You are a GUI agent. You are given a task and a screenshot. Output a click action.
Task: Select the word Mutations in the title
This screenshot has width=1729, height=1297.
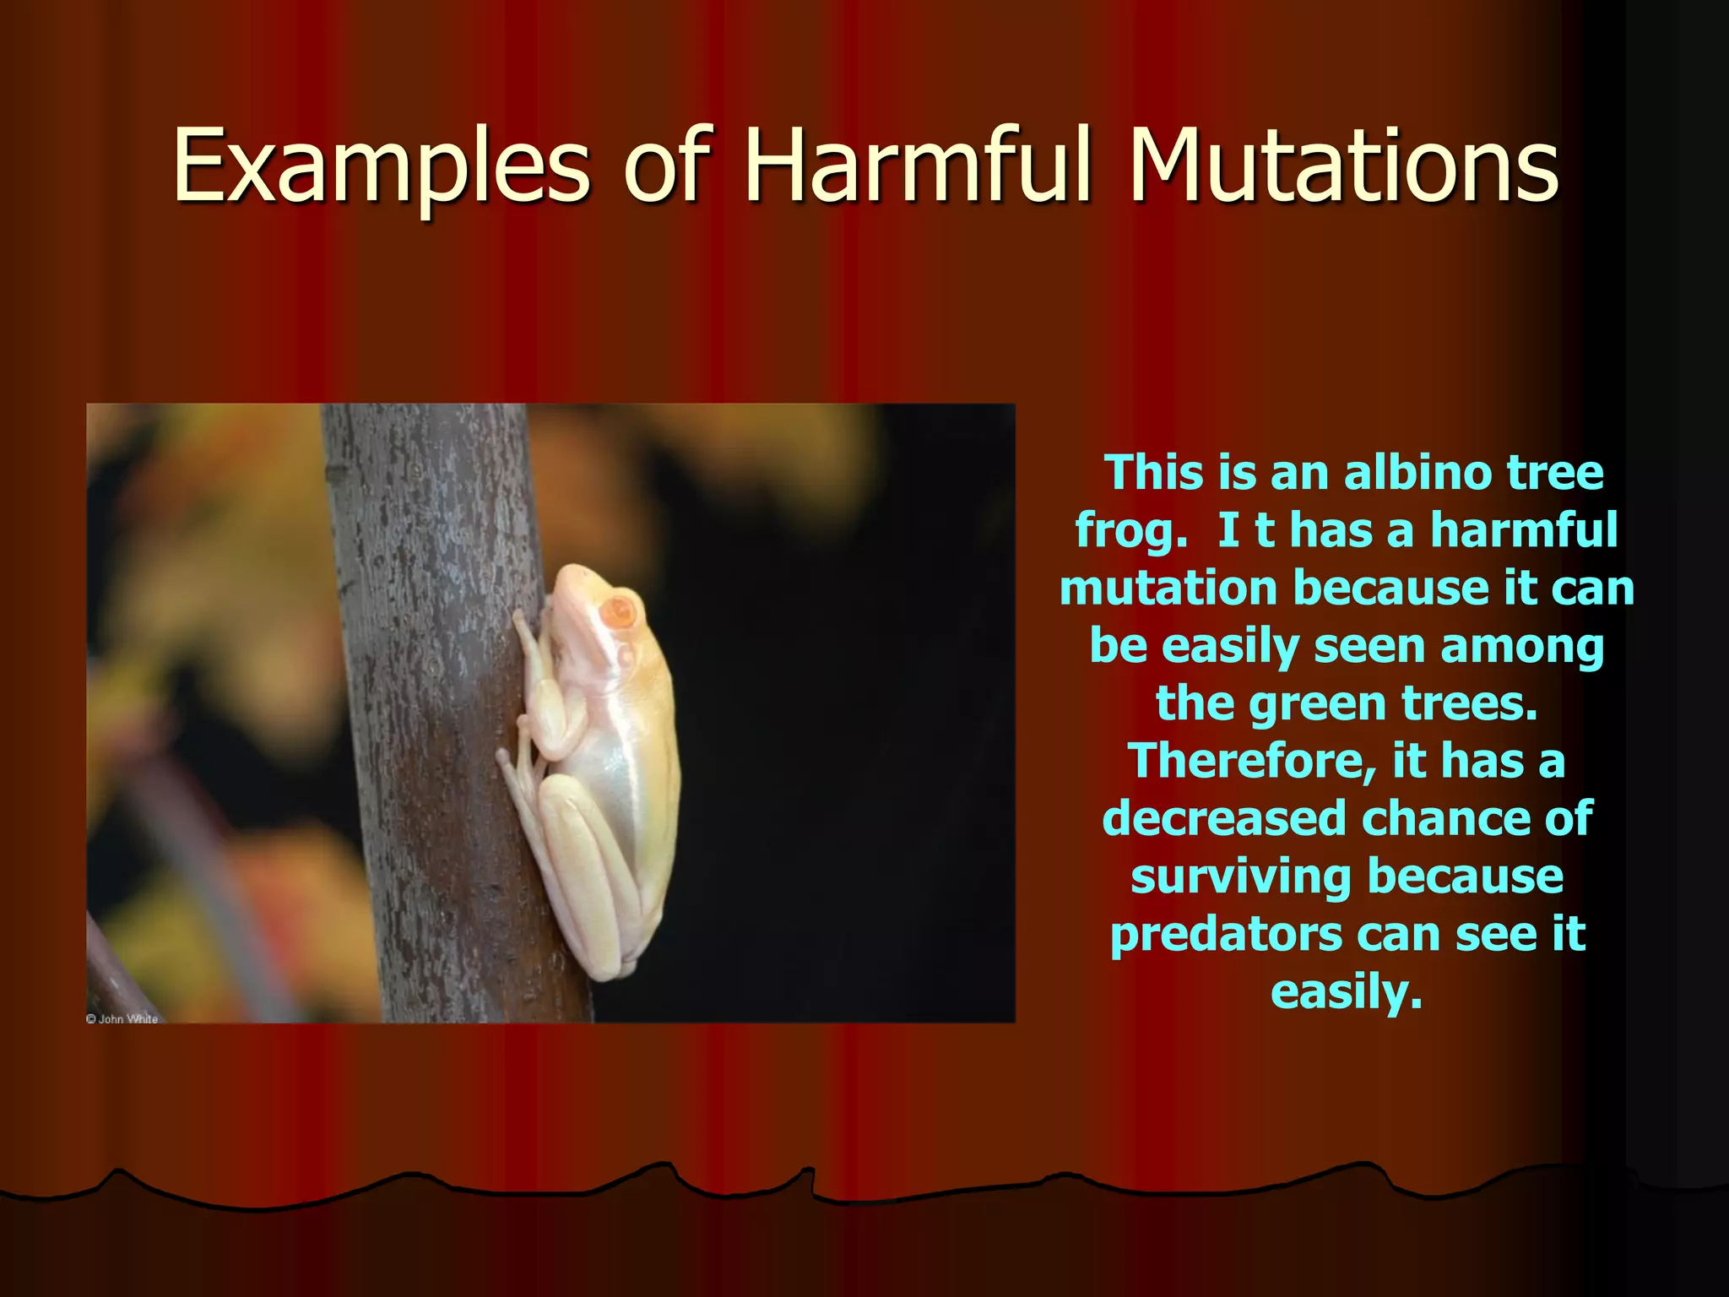(1344, 166)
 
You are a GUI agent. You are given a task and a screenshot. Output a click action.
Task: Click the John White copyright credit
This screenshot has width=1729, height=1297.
(122, 1018)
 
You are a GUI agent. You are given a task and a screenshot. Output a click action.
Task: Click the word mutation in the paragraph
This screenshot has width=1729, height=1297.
(1168, 588)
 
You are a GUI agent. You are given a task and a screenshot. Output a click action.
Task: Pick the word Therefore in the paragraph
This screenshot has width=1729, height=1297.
(1253, 761)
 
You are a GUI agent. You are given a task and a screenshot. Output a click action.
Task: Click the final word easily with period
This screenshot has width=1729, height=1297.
(1347, 992)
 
